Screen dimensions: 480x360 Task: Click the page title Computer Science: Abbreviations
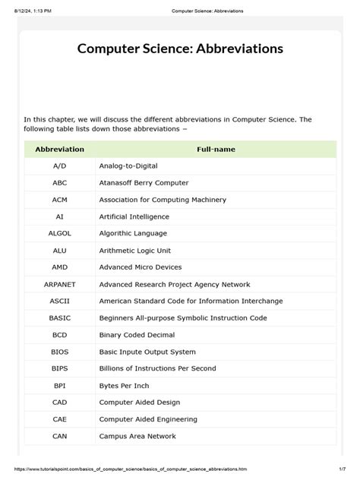pos(180,49)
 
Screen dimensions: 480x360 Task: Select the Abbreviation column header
pos(60,150)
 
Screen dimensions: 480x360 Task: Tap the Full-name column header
pos(216,150)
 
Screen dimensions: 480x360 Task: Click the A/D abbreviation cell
pos(60,166)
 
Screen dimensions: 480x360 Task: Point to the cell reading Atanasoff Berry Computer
pos(144,183)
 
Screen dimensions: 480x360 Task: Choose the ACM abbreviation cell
pos(60,200)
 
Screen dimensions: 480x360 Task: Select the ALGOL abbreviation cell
pos(60,233)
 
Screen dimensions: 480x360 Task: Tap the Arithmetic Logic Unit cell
pos(133,250)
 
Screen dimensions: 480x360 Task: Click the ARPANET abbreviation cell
pos(60,284)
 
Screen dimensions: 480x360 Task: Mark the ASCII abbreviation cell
pos(60,301)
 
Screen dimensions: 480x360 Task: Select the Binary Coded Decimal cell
pos(137,335)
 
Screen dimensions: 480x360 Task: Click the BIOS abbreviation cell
pos(60,352)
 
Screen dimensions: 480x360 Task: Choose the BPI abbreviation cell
pos(60,385)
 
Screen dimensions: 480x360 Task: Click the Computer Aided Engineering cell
pos(147,419)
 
